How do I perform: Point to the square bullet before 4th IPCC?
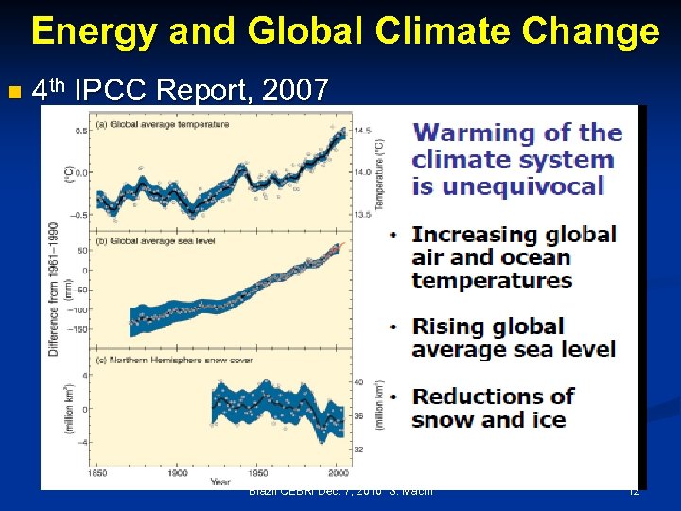pyautogui.click(x=12, y=93)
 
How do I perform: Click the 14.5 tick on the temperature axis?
pyautogui.click(x=362, y=131)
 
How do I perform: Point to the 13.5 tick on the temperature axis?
pyautogui.click(x=362, y=215)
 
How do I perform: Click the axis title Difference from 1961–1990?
pyautogui.click(x=55, y=290)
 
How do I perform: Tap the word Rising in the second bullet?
pyautogui.click(x=447, y=326)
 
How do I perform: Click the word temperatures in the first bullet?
pyautogui.click(x=492, y=280)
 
